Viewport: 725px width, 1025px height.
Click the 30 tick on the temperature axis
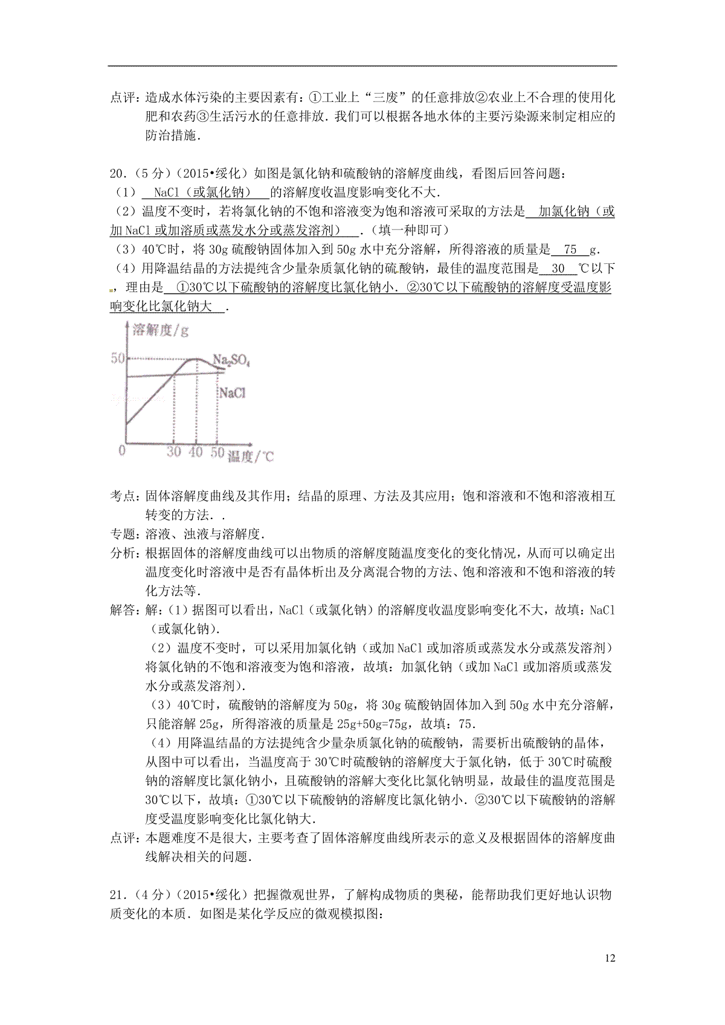click(174, 452)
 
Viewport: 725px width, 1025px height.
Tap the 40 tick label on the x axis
click(196, 452)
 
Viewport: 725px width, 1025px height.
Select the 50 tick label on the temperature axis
click(217, 452)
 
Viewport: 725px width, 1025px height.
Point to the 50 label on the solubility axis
click(117, 358)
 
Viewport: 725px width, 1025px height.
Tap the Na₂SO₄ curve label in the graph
click(231, 361)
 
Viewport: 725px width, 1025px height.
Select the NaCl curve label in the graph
click(233, 393)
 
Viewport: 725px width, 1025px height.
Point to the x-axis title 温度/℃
click(251, 456)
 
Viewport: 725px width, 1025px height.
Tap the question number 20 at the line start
click(117, 174)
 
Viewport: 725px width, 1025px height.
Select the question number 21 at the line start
click(117, 895)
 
